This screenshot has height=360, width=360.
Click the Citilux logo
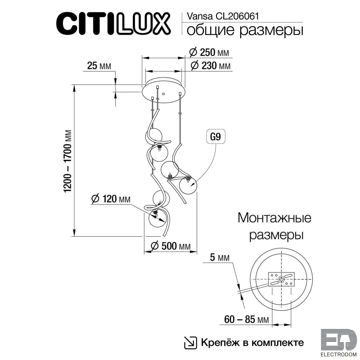click(x=113, y=24)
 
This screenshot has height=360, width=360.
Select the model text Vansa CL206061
click(x=223, y=16)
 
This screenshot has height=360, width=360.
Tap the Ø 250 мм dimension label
click(x=209, y=52)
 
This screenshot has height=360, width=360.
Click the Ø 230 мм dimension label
click(x=211, y=66)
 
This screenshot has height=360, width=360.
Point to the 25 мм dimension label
click(x=99, y=66)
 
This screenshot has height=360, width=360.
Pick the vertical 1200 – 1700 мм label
click(x=67, y=161)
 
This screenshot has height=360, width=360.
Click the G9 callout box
click(x=216, y=137)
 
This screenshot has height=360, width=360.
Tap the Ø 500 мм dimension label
click(x=171, y=246)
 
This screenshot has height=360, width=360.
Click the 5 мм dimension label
click(x=220, y=257)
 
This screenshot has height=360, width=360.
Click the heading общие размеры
click(x=245, y=31)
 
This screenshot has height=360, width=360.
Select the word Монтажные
click(x=274, y=218)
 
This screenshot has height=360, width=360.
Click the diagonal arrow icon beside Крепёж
click(x=190, y=343)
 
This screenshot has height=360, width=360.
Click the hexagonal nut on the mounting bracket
click(x=281, y=284)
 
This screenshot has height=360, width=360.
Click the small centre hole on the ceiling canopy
click(x=163, y=94)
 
